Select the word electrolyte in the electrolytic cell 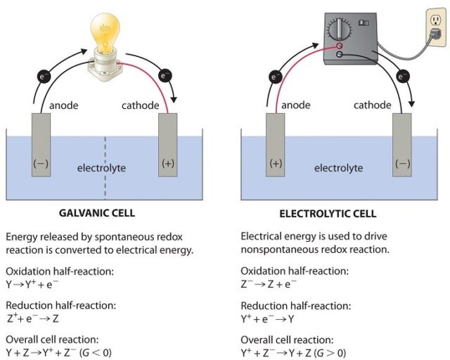pos(338,168)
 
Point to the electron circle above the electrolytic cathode pos(403,75)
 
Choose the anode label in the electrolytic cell pos(296,105)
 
